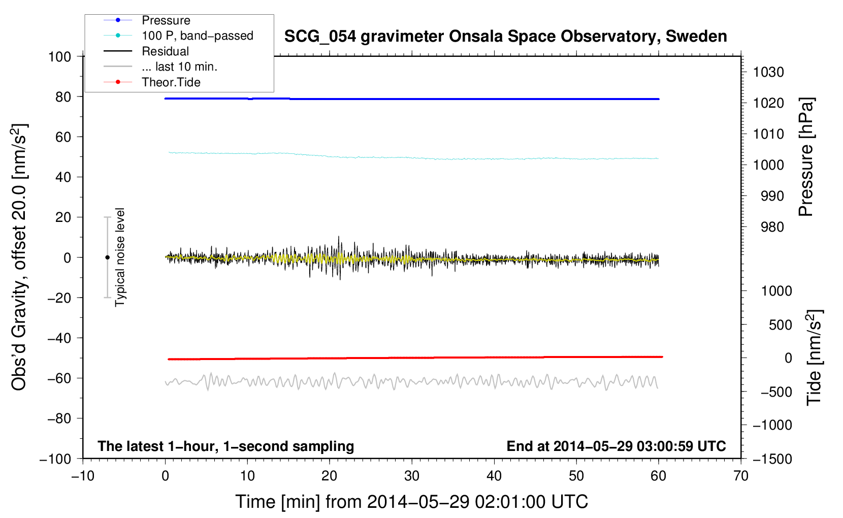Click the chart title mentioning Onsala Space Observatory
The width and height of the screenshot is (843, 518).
pyautogui.click(x=505, y=37)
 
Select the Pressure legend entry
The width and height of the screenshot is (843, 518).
pyautogui.click(x=166, y=20)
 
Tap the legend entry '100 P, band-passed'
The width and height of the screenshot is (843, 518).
pyautogui.click(x=197, y=36)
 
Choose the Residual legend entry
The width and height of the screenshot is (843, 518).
pyautogui.click(x=165, y=51)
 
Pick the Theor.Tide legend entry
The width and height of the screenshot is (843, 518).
pyautogui.click(x=171, y=82)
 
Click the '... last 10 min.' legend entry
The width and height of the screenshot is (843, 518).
pyautogui.click(x=179, y=67)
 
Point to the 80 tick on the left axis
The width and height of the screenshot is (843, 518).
pyautogui.click(x=63, y=96)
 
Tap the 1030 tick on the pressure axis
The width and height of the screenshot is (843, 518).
pyautogui.click(x=768, y=72)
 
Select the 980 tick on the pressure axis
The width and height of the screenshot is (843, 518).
pyautogui.click(x=772, y=227)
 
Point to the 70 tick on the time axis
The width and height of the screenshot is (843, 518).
pyautogui.click(x=741, y=476)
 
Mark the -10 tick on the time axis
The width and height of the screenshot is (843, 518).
pyautogui.click(x=83, y=476)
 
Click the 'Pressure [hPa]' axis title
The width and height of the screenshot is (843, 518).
pyautogui.click(x=806, y=157)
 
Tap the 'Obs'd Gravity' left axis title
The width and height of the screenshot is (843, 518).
pyautogui.click(x=19, y=257)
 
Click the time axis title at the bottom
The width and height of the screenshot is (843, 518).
pyautogui.click(x=411, y=502)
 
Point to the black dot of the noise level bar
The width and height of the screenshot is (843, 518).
pyautogui.click(x=107, y=257)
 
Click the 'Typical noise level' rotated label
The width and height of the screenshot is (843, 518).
pyautogui.click(x=120, y=257)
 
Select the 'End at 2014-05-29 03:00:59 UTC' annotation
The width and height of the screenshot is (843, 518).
pyautogui.click(x=616, y=446)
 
